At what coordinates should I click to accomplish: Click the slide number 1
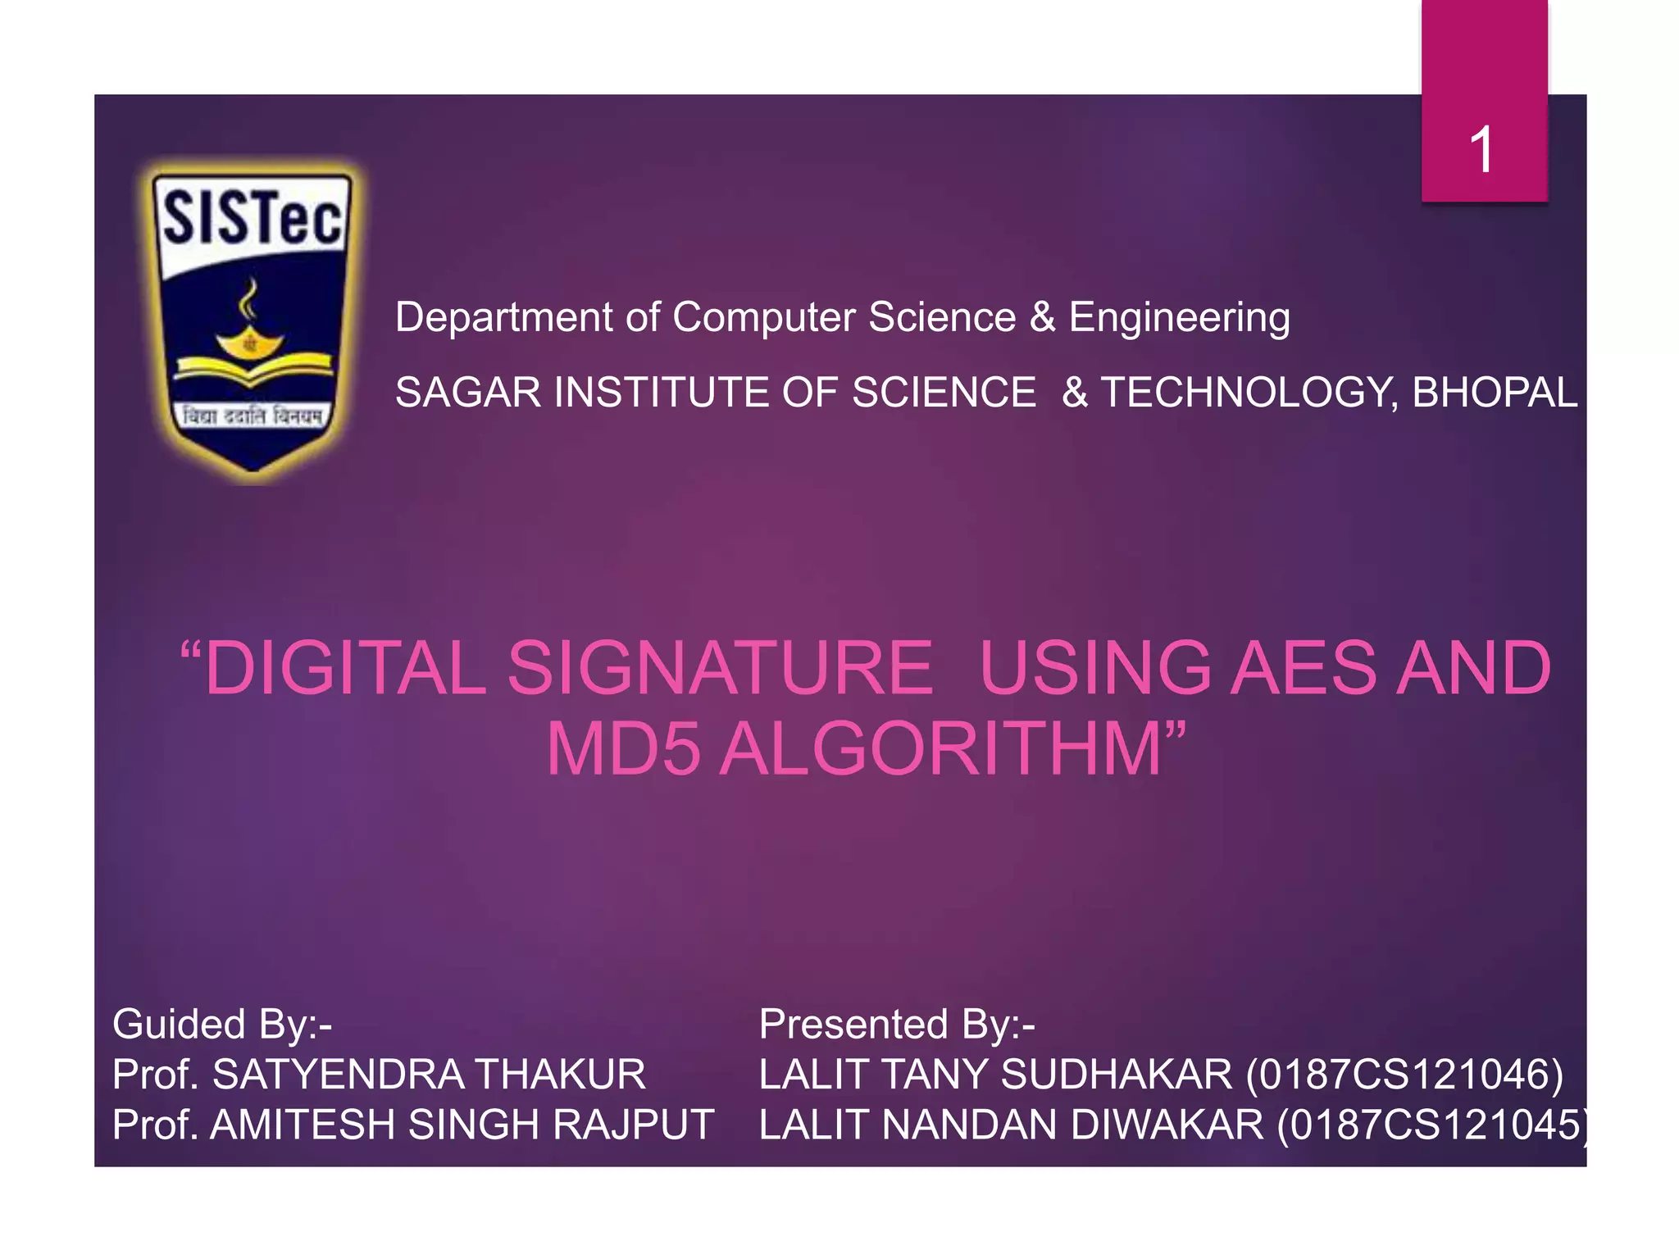click(x=1481, y=150)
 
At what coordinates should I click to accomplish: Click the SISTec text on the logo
click(x=253, y=217)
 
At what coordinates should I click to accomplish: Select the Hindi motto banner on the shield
click(x=253, y=416)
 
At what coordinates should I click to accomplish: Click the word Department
click(x=503, y=317)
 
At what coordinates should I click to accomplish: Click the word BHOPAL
click(x=1495, y=392)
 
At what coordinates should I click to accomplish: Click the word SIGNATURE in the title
click(x=720, y=668)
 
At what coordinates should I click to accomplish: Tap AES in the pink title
click(x=1304, y=668)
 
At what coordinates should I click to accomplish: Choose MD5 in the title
click(x=623, y=749)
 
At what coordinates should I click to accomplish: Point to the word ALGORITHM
click(x=940, y=749)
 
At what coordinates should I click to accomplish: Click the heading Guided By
click(x=221, y=1025)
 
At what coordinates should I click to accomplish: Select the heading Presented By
click(x=897, y=1025)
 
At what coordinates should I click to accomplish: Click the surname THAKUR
click(x=560, y=1075)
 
